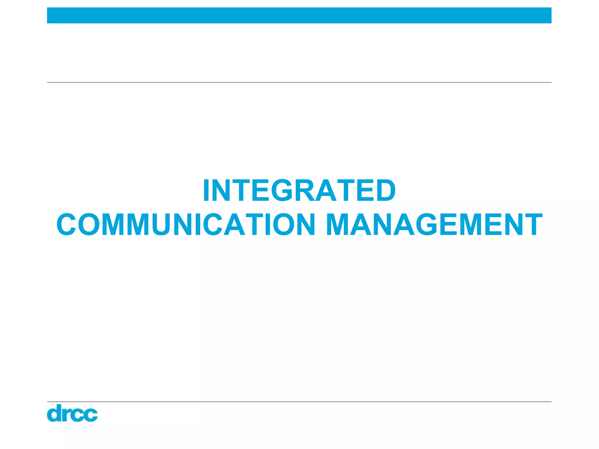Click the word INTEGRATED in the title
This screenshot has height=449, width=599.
(299, 190)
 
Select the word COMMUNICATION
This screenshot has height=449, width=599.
(186, 224)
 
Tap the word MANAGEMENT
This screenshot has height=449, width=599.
(434, 224)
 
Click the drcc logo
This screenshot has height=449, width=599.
(72, 413)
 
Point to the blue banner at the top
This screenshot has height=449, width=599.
(299, 15)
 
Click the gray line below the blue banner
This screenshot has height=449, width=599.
(299, 82)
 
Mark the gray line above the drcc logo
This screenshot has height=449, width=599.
(299, 402)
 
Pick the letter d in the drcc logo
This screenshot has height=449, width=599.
(54, 413)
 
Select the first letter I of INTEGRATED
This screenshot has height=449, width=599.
(206, 190)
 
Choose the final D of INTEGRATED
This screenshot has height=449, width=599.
(385, 190)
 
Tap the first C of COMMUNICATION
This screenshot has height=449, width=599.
(67, 224)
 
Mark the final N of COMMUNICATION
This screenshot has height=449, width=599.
(304, 224)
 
